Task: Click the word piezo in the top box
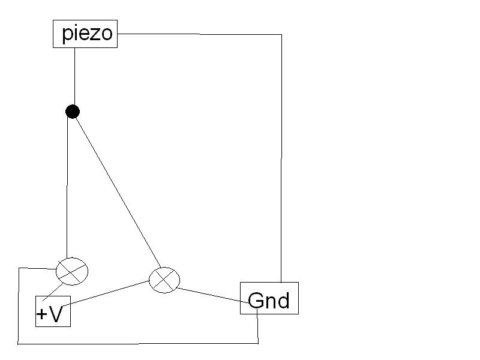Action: [87, 34]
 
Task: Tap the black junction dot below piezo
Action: [73, 111]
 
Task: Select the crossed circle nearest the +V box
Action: [72, 271]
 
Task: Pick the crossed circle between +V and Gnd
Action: [164, 279]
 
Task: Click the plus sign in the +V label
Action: [42, 314]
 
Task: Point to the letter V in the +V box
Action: [56, 314]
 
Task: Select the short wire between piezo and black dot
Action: [74, 75]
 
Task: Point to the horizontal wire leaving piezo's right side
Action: [198, 34]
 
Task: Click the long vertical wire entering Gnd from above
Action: [281, 156]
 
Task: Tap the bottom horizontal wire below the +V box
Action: [138, 344]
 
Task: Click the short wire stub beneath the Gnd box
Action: [258, 328]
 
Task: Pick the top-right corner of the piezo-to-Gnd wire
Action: [281, 35]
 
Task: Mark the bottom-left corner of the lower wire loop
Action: [19, 344]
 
